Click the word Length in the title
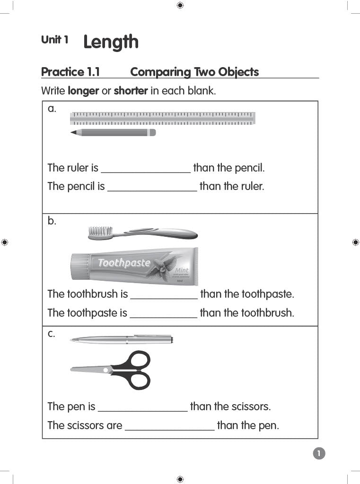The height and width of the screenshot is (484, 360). click(111, 42)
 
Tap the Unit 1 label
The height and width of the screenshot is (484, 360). click(54, 40)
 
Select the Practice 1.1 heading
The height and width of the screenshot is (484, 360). click(70, 72)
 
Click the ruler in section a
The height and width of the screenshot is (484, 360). click(162, 118)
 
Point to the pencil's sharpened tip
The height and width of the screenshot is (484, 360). click(73, 133)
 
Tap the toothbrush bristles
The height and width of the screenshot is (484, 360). click(100, 231)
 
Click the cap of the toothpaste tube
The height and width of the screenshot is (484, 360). click(80, 266)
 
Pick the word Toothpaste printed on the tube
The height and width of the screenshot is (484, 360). click(124, 263)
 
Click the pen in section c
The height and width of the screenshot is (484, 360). click(122, 339)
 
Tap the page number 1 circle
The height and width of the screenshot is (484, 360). click(319, 454)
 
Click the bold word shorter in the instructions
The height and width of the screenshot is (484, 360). click(131, 91)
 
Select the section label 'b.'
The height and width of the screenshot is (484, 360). click(52, 221)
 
